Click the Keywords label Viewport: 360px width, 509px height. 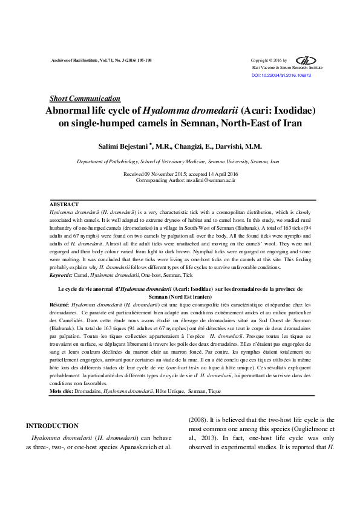coord(61,275)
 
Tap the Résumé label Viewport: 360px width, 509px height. coord(59,304)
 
